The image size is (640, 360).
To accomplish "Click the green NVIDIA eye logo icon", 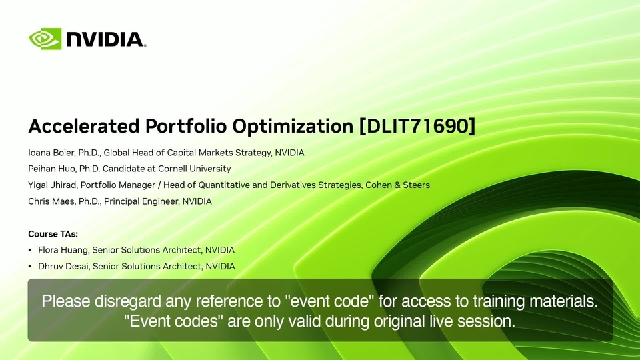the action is (x=45, y=39).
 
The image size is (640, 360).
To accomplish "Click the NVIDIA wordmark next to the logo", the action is (x=105, y=39).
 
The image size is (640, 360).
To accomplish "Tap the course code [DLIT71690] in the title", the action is (x=417, y=126).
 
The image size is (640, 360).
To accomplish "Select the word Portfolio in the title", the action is (x=186, y=126).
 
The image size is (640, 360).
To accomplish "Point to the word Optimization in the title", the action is (x=293, y=126).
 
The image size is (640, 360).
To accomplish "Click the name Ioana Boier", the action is (x=52, y=153).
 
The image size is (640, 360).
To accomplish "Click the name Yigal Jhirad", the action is (x=52, y=185).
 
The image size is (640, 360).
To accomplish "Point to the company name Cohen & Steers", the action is (x=397, y=185).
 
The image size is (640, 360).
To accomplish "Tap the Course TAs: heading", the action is (x=53, y=234).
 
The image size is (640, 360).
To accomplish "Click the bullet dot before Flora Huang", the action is (x=30, y=250).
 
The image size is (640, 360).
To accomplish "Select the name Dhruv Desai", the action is (x=64, y=266).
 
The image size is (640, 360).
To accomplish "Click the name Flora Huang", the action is (x=64, y=250).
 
